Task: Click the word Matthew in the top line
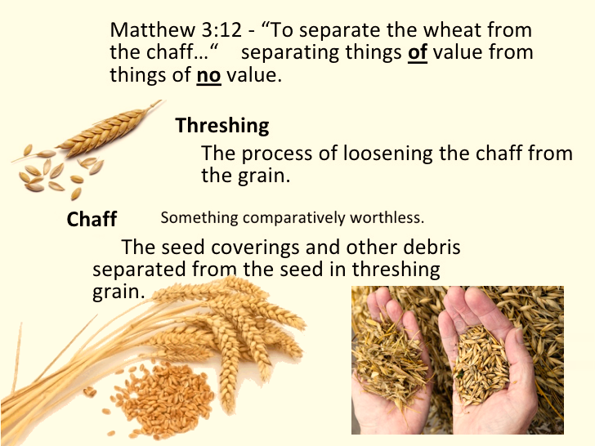153,29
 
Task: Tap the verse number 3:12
221,29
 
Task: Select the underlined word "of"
418,52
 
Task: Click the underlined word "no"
208,74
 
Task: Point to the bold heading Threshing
222,126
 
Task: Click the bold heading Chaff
92,219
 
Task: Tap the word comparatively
294,218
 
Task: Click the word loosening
388,154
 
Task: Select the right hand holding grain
490,360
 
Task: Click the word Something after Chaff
199,218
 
